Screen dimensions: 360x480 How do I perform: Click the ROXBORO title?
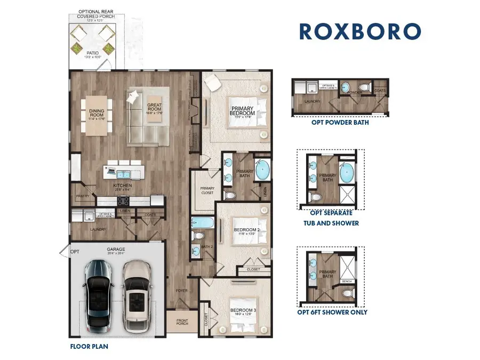point(360,31)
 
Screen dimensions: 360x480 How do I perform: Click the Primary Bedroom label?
point(242,111)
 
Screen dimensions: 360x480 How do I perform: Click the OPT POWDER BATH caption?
point(340,122)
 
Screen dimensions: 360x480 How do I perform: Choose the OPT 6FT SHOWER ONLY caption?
point(332,312)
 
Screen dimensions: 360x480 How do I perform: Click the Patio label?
point(93,53)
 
